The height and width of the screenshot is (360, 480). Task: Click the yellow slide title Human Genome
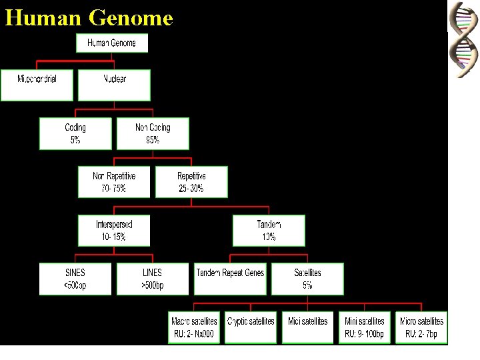coord(89,17)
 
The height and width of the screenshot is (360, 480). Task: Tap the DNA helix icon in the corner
coord(463,39)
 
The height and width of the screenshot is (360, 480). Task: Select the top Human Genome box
coord(111,43)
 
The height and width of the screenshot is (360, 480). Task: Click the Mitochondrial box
coord(37,84)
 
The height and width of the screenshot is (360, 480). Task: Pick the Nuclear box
coord(114,84)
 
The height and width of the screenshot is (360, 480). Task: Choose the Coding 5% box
coord(75,133)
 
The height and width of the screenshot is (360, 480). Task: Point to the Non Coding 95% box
coord(153,133)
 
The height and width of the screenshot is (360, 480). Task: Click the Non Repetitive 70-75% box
coord(114,182)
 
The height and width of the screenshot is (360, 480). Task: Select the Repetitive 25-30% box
coord(191,182)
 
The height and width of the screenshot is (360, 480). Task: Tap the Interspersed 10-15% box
coord(114,231)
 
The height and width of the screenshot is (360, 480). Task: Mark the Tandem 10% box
coord(269,231)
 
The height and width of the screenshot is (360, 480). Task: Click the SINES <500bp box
coord(75,279)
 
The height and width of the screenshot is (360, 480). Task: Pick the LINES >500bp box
coord(153,279)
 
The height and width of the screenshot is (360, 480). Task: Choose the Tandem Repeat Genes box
coord(230,279)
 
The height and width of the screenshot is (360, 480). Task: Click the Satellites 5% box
coord(307,279)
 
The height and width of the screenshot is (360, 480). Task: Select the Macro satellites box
coord(194,327)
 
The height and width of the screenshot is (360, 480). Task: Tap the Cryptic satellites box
coord(251,327)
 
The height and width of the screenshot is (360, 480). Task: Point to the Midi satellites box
coord(307,327)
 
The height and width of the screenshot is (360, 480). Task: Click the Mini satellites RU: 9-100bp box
coord(364,327)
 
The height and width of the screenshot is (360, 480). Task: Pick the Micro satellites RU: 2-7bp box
coord(421,327)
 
